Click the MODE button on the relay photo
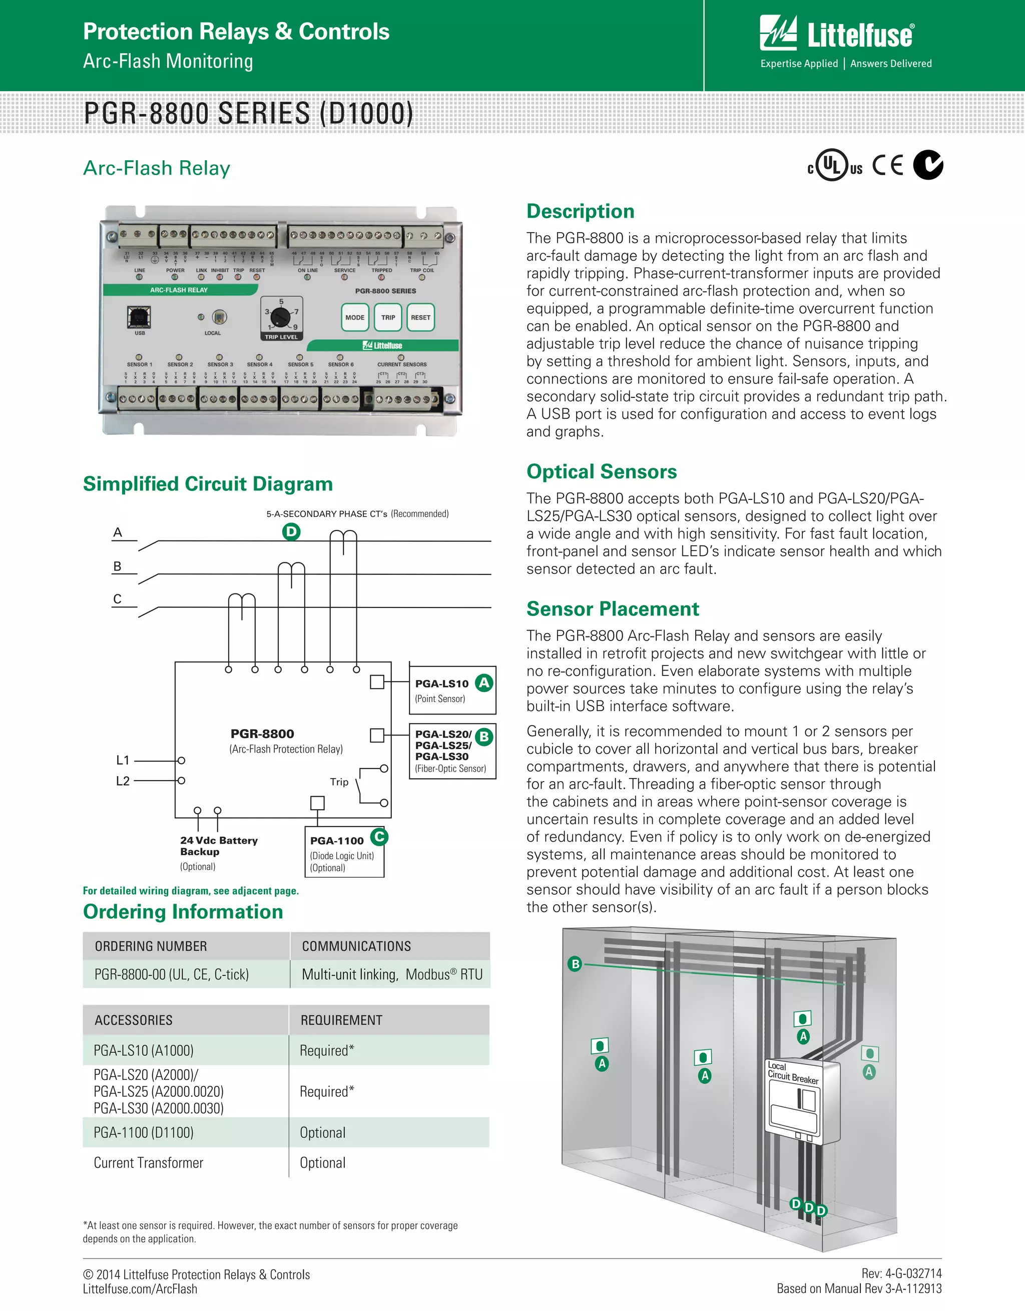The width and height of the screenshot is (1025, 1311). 355,318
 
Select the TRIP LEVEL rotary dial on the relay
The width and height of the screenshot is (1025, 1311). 280,316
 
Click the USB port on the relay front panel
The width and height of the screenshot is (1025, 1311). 139,317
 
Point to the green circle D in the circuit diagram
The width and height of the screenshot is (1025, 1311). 291,531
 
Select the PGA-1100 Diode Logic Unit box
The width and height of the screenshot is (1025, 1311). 345,852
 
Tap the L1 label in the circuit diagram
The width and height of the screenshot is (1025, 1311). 123,760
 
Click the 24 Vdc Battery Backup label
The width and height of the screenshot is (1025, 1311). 219,846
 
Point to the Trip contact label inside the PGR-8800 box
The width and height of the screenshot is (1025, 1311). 339,782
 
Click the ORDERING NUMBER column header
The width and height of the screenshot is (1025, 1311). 151,946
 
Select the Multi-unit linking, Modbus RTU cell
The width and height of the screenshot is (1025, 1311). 391,974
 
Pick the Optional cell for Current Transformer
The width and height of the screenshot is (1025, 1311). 322,1163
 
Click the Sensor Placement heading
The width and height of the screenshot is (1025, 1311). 613,608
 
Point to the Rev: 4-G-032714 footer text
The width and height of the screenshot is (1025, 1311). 901,1273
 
